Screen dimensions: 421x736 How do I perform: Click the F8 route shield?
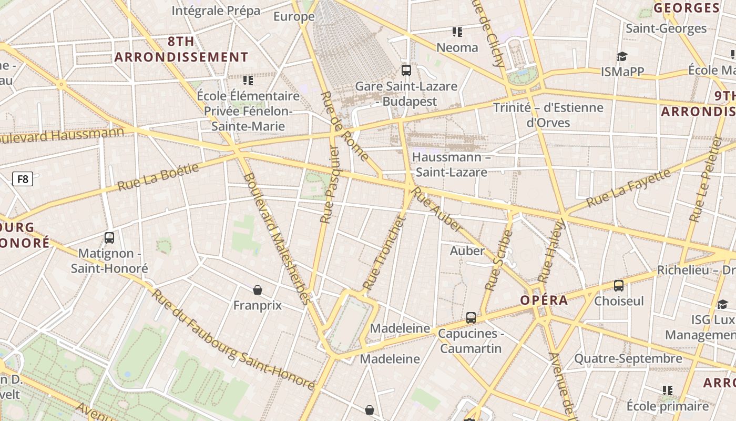(23, 179)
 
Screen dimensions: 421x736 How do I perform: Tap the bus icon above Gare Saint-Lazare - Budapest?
(406, 70)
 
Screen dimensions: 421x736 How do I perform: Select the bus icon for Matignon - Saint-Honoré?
(109, 237)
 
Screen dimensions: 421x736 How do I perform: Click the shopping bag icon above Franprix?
(258, 290)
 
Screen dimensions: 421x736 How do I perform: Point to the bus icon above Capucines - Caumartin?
(471, 318)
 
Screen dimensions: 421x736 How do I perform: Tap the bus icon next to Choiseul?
(619, 286)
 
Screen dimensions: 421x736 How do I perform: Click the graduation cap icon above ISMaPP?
(622, 56)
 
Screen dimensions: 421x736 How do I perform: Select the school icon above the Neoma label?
(457, 32)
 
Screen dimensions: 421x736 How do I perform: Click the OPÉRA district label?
(544, 300)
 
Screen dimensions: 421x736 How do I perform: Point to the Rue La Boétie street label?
(158, 177)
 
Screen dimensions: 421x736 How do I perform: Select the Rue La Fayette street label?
(628, 188)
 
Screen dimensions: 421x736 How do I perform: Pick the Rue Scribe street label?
(498, 260)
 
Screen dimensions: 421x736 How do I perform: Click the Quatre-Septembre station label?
(628, 359)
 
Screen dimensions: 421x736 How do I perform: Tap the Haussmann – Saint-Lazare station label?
(451, 165)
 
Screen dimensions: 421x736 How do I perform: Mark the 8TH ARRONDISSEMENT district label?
(181, 49)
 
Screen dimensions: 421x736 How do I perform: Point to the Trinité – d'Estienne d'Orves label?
(548, 115)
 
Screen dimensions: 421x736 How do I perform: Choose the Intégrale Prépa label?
(216, 11)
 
